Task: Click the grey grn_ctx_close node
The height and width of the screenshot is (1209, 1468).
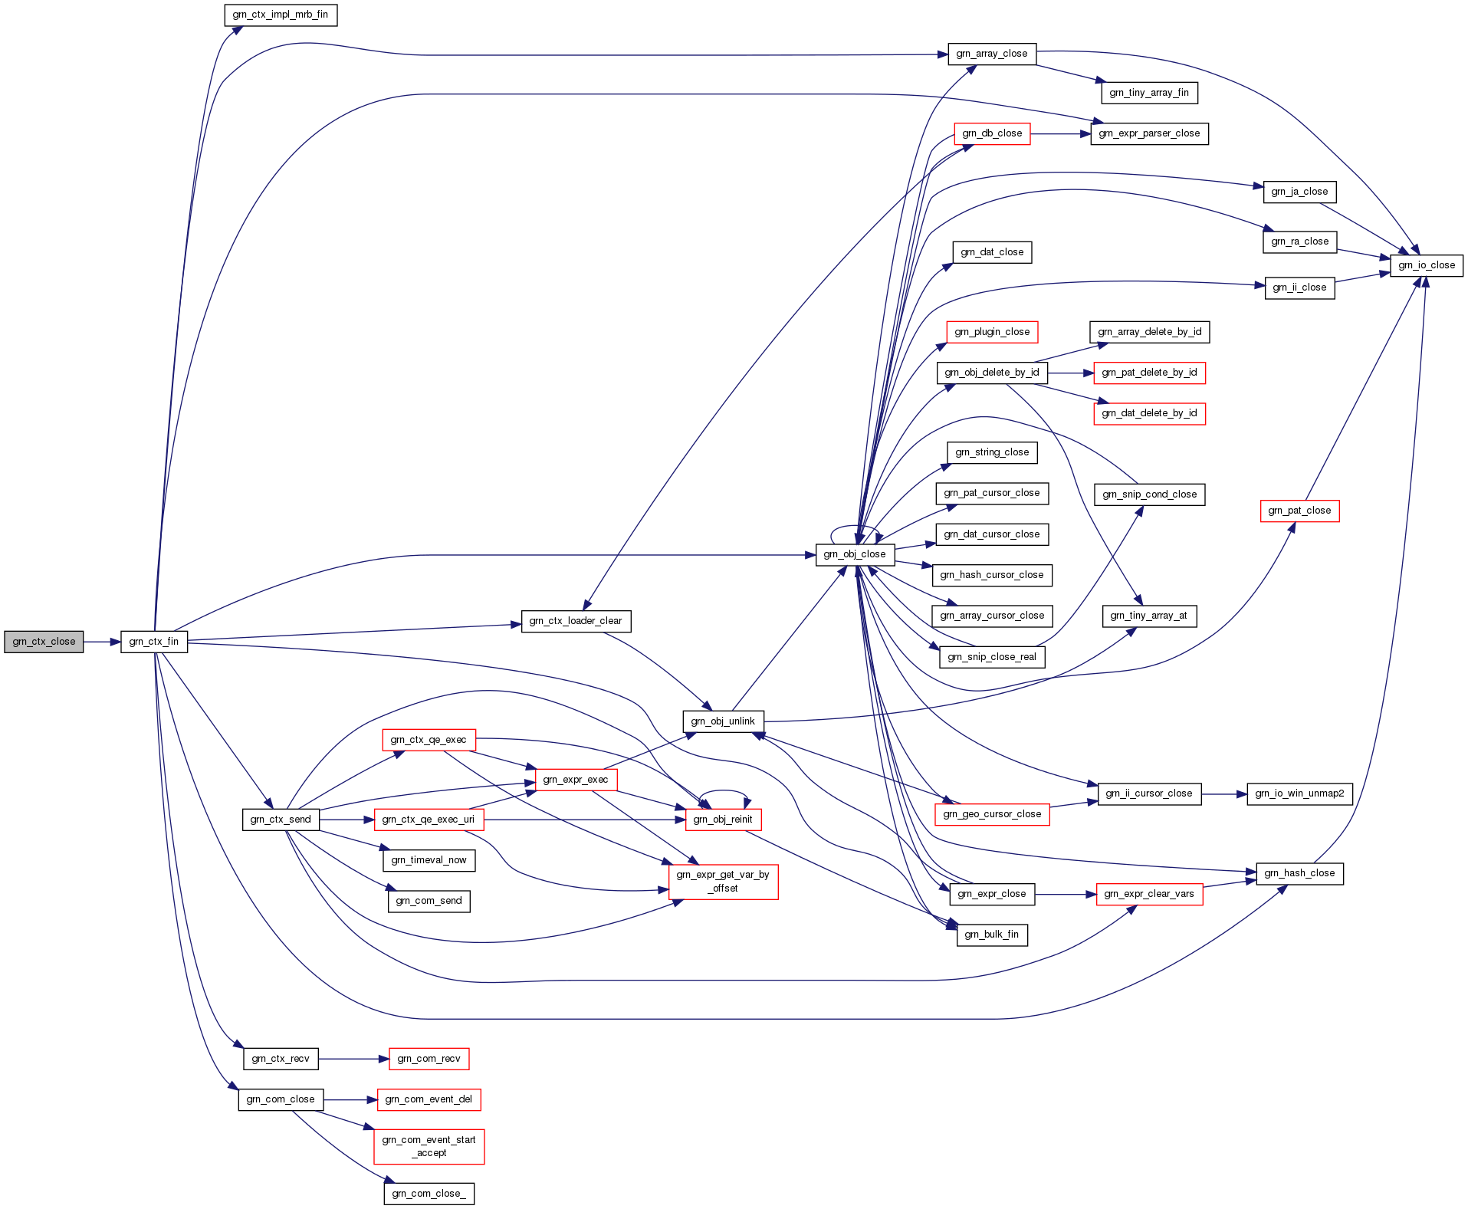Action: (44, 642)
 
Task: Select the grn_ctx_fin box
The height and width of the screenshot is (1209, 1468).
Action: (153, 642)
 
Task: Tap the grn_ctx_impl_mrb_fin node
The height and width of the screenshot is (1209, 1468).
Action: (281, 15)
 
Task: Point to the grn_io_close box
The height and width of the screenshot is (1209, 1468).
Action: (1426, 265)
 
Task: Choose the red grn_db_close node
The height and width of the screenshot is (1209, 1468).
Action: (992, 133)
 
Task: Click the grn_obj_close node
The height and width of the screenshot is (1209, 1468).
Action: (855, 554)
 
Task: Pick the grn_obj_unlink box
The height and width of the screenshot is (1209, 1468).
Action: (723, 721)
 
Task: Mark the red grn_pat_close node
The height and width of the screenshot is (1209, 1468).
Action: (1299, 511)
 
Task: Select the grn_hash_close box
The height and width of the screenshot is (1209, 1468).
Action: (1299, 873)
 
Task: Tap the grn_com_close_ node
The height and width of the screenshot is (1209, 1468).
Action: (429, 1194)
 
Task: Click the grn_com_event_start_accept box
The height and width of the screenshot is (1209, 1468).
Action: (429, 1146)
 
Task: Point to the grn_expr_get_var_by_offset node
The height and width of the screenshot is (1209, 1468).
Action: (723, 882)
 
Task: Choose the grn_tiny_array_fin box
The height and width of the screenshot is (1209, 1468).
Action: (1149, 93)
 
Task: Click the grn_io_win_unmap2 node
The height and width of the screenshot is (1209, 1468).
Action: (1299, 793)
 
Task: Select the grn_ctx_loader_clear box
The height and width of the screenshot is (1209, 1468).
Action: (576, 621)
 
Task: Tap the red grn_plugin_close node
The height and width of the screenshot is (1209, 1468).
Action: (992, 332)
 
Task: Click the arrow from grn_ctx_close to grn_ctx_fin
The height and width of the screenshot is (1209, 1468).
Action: (102, 642)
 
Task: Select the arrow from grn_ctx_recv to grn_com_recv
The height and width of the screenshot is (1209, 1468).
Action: (353, 1059)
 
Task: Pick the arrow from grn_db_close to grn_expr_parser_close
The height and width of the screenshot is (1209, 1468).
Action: (1060, 133)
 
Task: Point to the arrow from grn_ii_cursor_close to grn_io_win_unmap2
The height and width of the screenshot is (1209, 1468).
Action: (1223, 794)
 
